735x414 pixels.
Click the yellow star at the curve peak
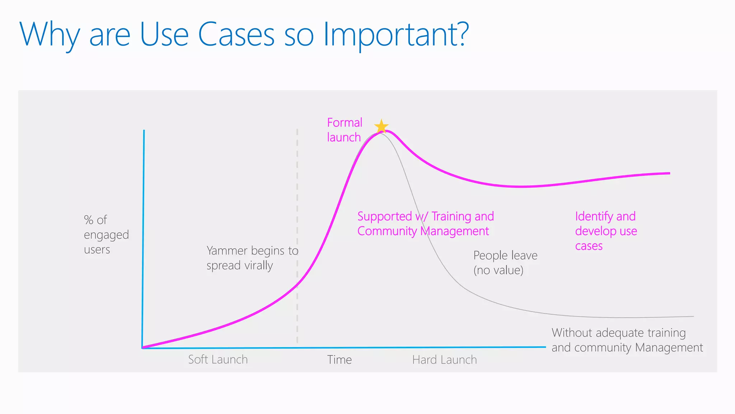point(381,126)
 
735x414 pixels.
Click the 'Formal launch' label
point(344,130)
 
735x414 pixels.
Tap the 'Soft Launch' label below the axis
point(218,359)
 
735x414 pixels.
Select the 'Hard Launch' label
point(444,360)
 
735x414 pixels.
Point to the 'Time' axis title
point(339,360)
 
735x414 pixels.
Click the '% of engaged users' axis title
point(106,235)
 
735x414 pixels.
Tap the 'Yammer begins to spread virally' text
point(252,258)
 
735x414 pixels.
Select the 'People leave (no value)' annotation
point(505,263)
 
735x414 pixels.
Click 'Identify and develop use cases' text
point(606,231)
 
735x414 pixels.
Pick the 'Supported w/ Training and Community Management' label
point(425,224)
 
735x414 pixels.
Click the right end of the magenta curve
point(669,173)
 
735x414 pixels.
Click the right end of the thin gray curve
point(693,316)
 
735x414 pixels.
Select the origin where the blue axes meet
point(143,348)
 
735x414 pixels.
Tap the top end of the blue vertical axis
point(144,131)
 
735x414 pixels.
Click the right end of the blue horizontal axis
point(544,347)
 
